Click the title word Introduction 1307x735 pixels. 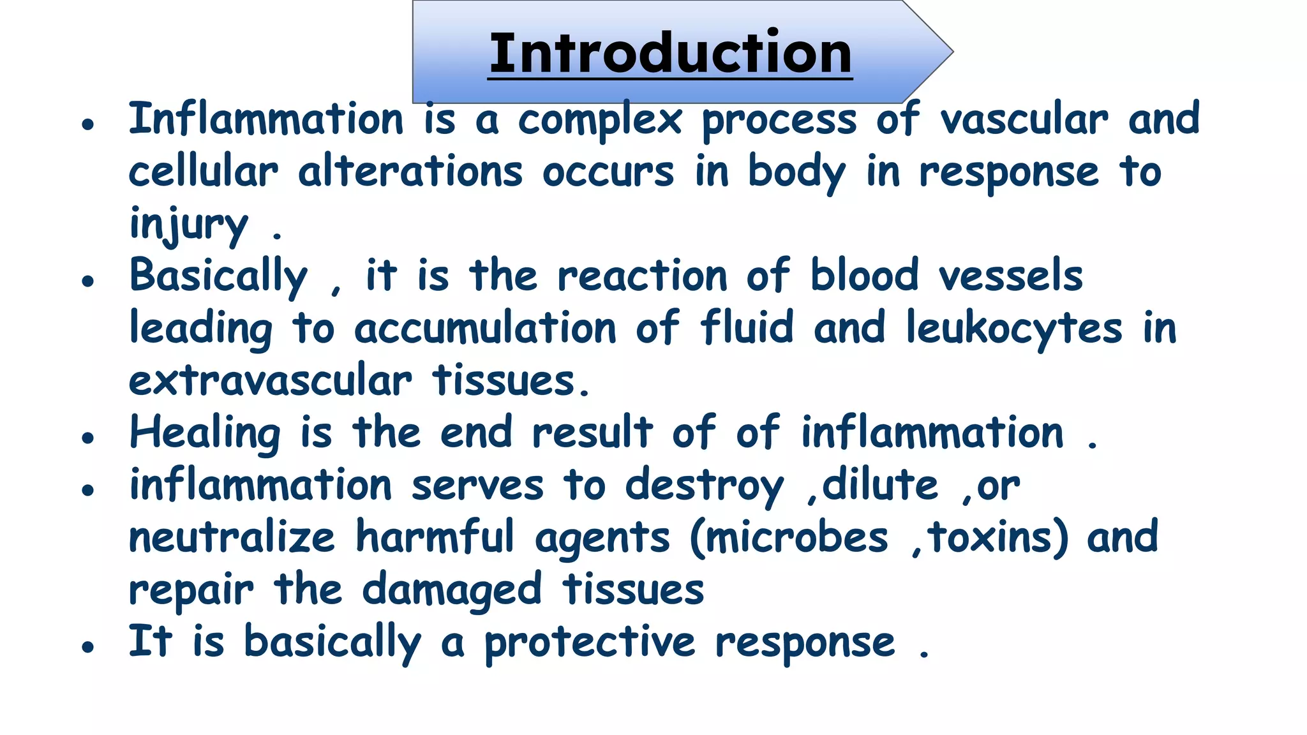pos(670,54)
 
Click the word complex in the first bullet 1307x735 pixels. pos(600,120)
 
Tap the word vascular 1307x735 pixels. pos(1024,120)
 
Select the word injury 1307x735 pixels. pos(188,225)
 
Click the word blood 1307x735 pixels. pos(864,276)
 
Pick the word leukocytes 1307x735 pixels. pos(1013,328)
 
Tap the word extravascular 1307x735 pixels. pos(271,381)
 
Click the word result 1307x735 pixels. pos(592,433)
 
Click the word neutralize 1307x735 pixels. pos(232,537)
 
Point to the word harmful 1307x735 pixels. pos(435,537)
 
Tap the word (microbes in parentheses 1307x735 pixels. pos(789,537)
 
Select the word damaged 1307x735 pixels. pos(452,590)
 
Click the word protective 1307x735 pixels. pos(590,643)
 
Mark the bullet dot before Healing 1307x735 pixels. pos(88,438)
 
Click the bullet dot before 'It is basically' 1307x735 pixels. pos(88,647)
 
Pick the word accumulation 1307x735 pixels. pos(485,328)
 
